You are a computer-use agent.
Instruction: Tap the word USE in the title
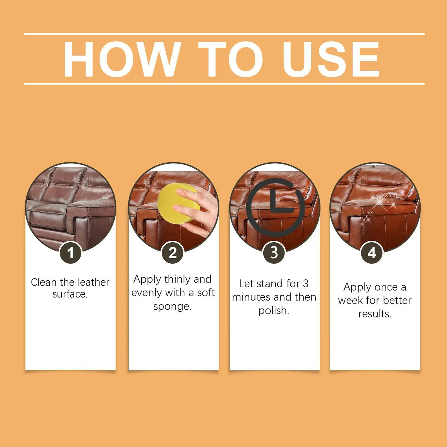(x=331, y=59)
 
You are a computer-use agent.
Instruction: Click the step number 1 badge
(x=70, y=253)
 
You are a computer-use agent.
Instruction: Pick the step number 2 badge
(x=173, y=253)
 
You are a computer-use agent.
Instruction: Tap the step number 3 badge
(x=274, y=253)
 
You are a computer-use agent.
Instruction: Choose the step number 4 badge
(x=372, y=253)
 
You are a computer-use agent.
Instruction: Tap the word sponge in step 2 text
(x=172, y=307)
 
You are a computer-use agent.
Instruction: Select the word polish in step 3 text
(x=274, y=310)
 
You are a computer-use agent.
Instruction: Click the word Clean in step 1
(x=44, y=282)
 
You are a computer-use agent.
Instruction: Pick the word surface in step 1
(x=70, y=294)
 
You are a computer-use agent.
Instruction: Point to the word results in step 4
(x=375, y=314)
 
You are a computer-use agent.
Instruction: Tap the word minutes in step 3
(x=252, y=297)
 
